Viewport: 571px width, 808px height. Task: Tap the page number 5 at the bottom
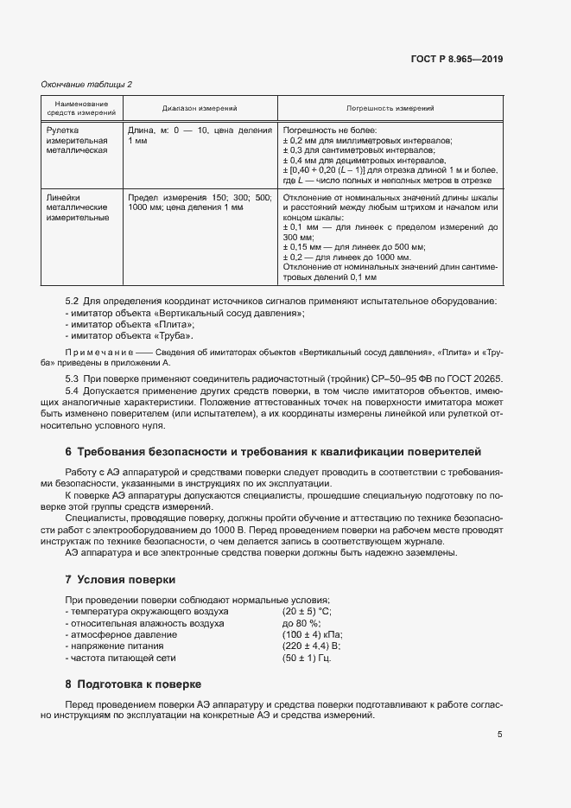499,735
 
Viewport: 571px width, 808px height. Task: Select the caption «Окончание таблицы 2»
86,84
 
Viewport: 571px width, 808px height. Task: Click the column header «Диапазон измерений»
200,108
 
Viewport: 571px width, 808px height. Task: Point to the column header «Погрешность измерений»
390,108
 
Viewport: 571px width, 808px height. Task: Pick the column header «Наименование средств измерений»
80,108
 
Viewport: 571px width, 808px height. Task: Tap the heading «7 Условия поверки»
120,578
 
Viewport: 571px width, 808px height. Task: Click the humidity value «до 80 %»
301,623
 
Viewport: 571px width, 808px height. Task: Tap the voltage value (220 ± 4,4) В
312,646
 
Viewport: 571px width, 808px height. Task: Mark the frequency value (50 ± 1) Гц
307,658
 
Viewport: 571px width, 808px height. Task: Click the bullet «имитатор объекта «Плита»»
117,324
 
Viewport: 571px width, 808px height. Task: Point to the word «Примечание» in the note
95,354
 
